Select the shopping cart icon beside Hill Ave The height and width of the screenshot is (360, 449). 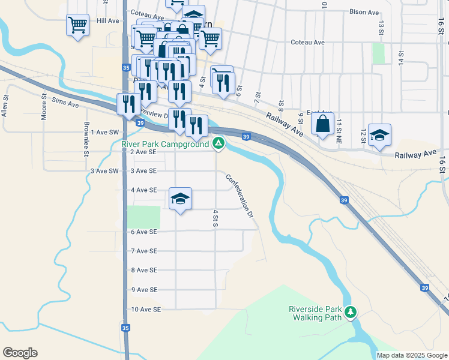click(x=77, y=25)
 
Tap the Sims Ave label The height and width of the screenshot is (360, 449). click(x=65, y=104)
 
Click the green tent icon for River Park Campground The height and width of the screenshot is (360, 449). click(x=219, y=143)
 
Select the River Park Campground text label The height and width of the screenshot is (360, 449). click(x=164, y=144)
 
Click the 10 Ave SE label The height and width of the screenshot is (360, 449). click(x=146, y=310)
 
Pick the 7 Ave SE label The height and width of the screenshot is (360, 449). click(x=143, y=251)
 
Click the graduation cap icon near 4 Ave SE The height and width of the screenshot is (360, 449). click(x=180, y=199)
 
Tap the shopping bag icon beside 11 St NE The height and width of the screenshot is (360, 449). click(x=323, y=124)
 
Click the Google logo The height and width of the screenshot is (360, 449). click(x=20, y=353)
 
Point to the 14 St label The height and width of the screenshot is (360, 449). click(x=401, y=58)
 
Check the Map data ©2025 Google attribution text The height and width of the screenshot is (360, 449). click(x=411, y=355)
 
